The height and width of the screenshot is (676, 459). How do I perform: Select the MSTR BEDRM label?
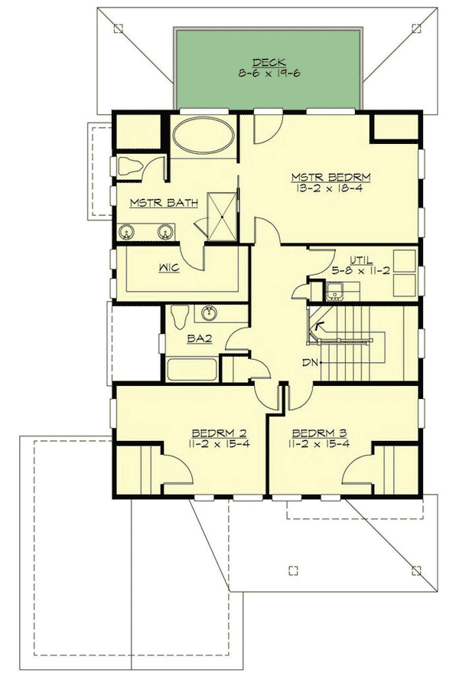click(x=330, y=177)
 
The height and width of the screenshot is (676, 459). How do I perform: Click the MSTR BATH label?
click(x=164, y=203)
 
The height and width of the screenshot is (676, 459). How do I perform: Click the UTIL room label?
click(x=362, y=260)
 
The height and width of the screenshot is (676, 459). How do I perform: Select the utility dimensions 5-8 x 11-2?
click(x=362, y=270)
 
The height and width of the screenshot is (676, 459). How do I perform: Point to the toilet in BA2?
click(x=181, y=315)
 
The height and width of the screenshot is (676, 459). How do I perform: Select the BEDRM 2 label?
click(x=193, y=431)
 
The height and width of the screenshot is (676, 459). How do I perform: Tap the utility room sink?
click(x=334, y=291)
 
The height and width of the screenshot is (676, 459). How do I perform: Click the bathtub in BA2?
click(x=191, y=371)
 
